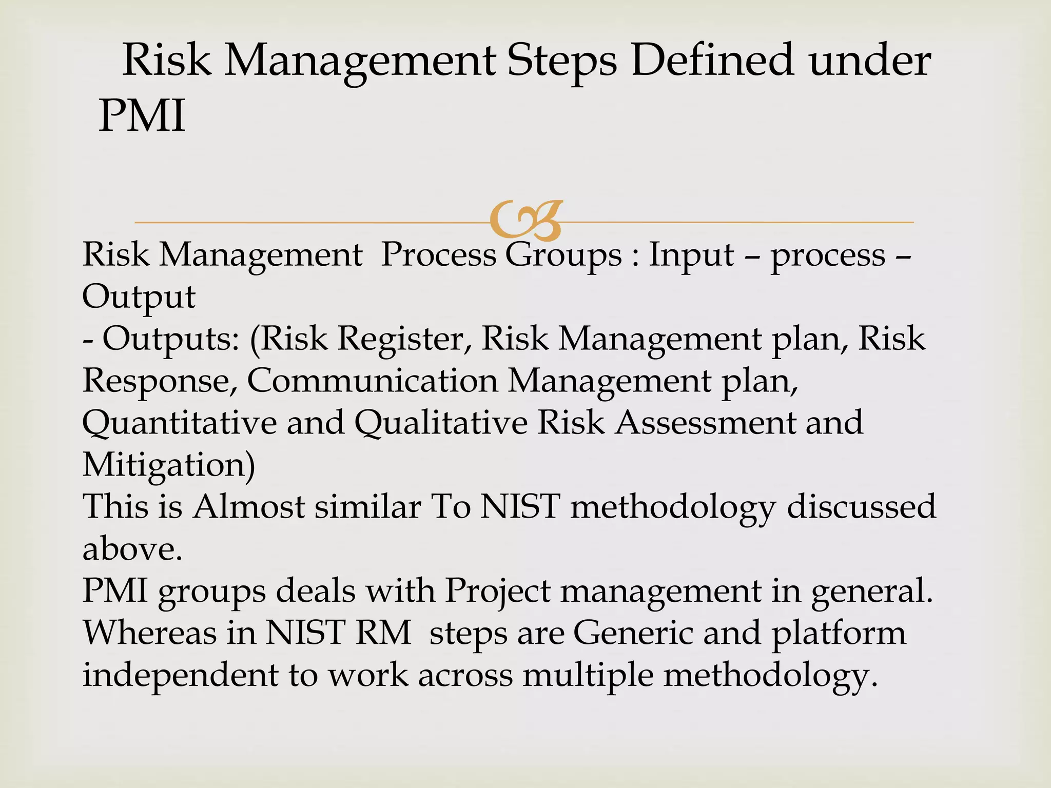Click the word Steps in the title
[x=562, y=62]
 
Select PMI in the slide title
[x=142, y=116]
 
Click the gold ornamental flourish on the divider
[x=526, y=221]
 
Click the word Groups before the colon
[x=563, y=255]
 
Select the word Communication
[x=373, y=381]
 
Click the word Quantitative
[x=180, y=423]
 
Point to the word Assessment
[x=705, y=423]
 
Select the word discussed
[x=862, y=507]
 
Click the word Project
[x=497, y=591]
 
